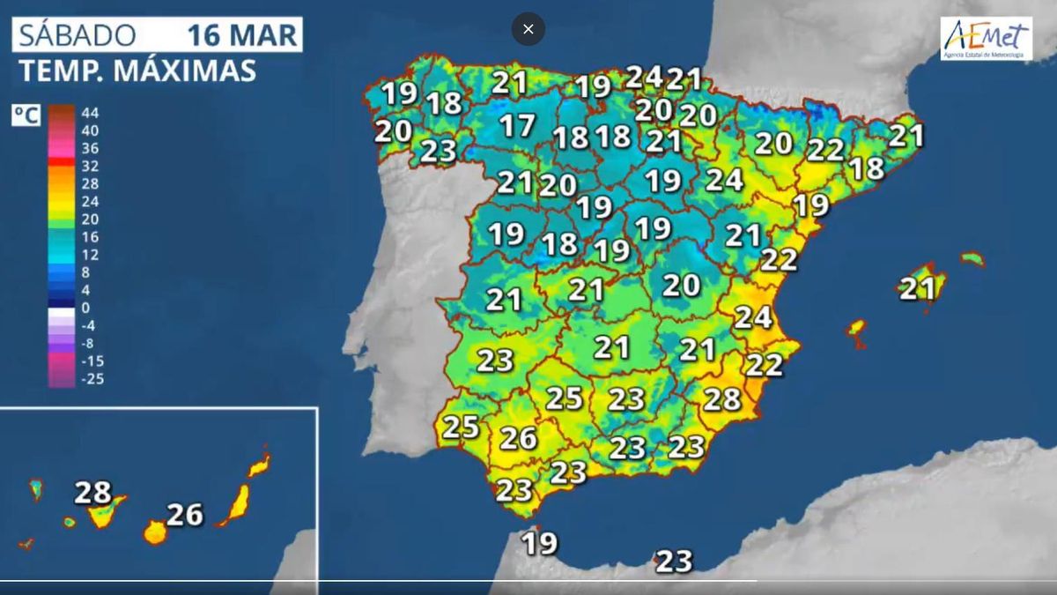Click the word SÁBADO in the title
coord(78,34)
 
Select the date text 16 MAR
coord(241,34)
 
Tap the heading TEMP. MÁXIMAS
coord(137,71)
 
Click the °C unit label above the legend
coord(26,115)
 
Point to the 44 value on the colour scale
coord(90,113)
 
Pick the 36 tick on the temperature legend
coord(90,148)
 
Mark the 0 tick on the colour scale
coord(85,308)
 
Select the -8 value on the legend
coord(88,343)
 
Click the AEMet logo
coord(986,38)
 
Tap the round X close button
coord(528,29)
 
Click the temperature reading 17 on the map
coord(517,125)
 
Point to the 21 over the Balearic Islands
coord(916,288)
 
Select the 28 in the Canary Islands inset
coord(92,492)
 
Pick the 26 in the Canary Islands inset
coord(185,514)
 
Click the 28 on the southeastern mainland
coord(722,398)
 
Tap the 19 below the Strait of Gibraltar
coord(540,543)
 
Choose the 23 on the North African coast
coord(674,561)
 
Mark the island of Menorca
coord(972,259)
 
